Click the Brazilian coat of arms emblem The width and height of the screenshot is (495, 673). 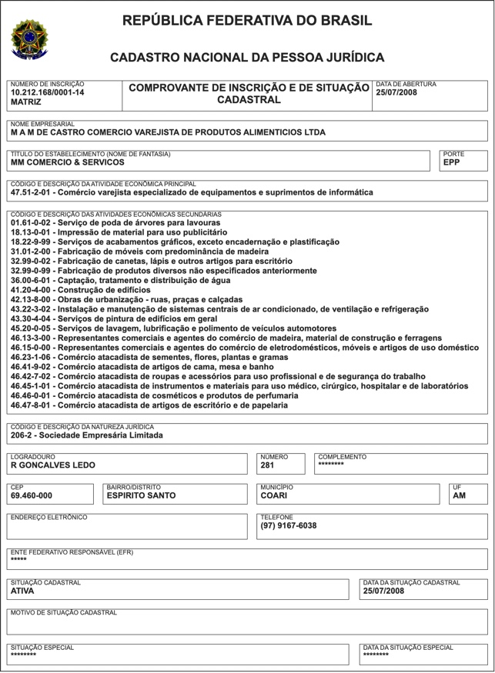28,38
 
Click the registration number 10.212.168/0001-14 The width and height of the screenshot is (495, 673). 48,92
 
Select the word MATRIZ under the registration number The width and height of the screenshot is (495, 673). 28,102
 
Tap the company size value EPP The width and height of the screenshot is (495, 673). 451,163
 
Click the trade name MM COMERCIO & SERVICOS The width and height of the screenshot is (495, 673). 68,163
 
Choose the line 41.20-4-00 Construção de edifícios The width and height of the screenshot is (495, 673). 81,291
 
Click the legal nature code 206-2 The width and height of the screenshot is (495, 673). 23,435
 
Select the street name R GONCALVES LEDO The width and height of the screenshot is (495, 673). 53,465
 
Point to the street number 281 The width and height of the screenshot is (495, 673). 267,465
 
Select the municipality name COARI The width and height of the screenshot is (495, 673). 274,496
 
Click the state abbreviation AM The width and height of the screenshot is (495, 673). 459,496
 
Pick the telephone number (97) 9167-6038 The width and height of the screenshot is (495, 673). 289,526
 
